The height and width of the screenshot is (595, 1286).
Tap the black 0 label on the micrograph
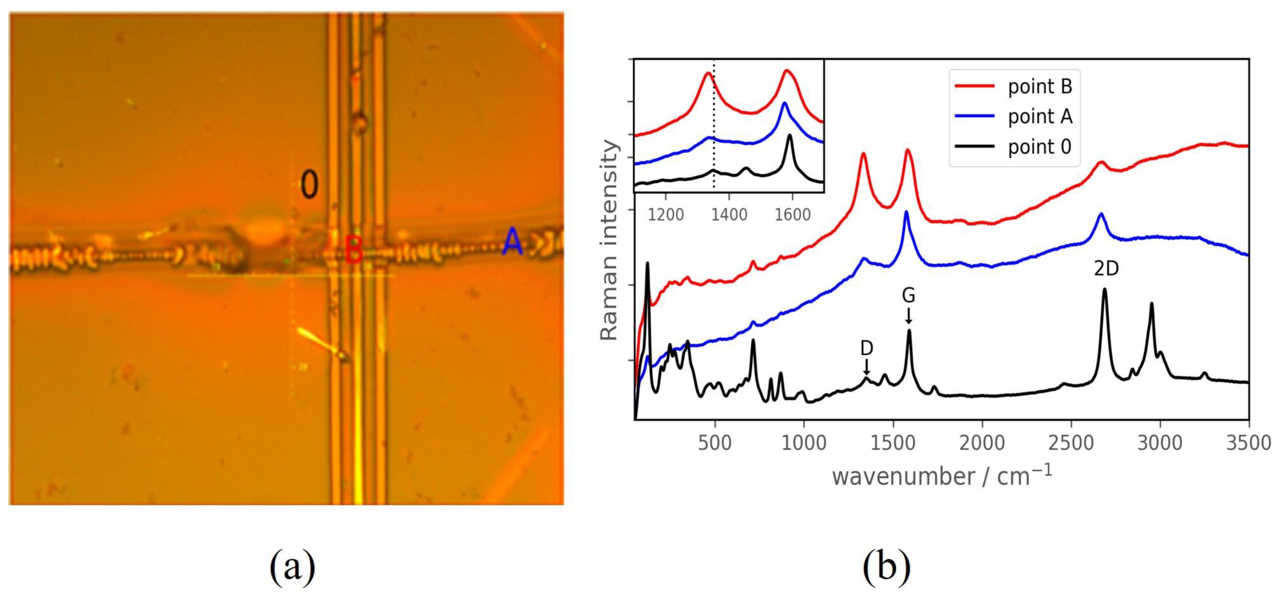pos(309,185)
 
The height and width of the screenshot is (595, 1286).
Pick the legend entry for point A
pos(1039,117)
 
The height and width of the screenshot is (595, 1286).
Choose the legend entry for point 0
pos(1039,147)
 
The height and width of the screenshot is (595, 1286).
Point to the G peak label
pos(909,296)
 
